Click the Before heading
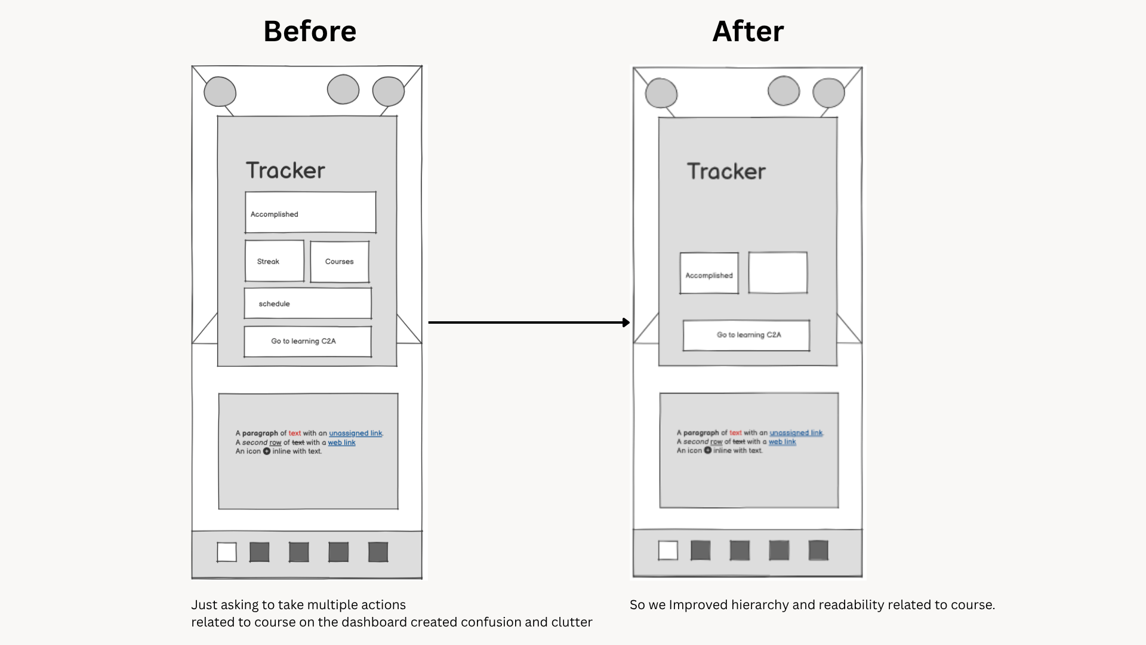coord(310,31)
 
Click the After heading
coord(748,31)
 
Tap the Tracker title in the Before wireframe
coord(285,171)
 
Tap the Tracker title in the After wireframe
coord(726,172)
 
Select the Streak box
coord(274,261)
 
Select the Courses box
coord(339,262)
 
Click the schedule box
coord(307,303)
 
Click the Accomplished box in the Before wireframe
coord(310,213)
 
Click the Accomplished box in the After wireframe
coord(709,274)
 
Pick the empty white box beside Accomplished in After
coord(778,272)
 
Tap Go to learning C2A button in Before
coord(307,341)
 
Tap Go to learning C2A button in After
coord(746,335)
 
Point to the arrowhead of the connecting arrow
coord(626,322)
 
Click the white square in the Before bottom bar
coord(227,552)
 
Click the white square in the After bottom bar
coord(668,550)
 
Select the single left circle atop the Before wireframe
coord(220,92)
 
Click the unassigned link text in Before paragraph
coord(355,434)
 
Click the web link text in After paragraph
coord(782,442)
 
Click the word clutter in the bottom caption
coord(571,622)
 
